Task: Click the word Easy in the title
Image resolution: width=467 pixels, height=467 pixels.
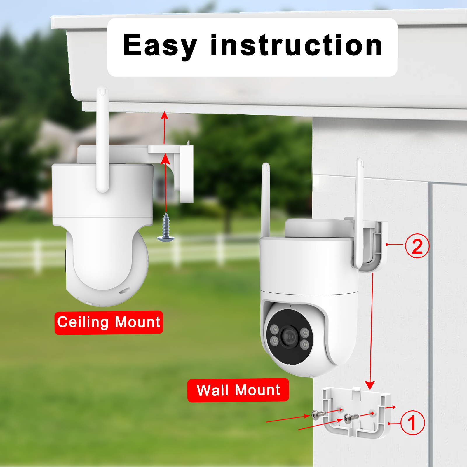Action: (x=160, y=46)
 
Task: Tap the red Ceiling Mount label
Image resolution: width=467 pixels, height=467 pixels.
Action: (x=109, y=323)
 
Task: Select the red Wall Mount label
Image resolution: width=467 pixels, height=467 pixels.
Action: (x=238, y=390)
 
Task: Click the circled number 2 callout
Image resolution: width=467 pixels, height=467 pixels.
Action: (x=417, y=246)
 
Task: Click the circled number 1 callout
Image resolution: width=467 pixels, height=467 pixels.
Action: (x=412, y=423)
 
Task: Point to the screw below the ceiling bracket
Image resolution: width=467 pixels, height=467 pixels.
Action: (x=166, y=227)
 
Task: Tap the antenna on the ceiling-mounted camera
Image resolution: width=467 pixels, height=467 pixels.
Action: (x=102, y=140)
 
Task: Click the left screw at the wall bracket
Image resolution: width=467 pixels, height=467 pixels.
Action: (x=318, y=414)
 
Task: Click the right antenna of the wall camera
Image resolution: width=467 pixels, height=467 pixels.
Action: (x=359, y=213)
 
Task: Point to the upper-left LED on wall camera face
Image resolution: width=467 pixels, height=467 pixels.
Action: (x=274, y=330)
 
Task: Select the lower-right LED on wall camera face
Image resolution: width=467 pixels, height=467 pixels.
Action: (x=304, y=345)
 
